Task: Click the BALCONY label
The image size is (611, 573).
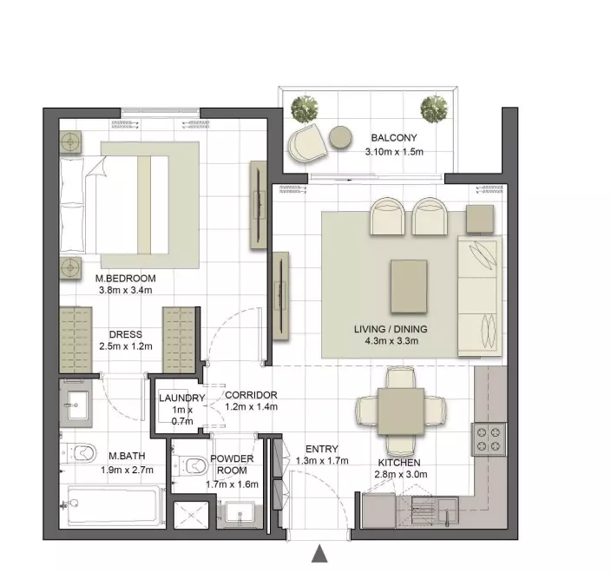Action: tap(394, 137)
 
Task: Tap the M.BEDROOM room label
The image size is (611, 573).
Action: tap(126, 279)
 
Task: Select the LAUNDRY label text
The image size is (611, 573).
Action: tap(182, 398)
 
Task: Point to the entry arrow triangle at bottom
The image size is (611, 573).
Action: tap(319, 554)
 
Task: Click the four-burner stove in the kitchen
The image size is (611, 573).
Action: tap(489, 439)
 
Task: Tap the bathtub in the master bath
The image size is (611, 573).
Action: tap(112, 506)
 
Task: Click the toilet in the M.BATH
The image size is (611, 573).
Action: tap(79, 452)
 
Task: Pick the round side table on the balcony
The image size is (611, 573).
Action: tap(340, 137)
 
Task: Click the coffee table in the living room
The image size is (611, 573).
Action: tap(409, 286)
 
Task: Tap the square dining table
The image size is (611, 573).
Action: tap(401, 412)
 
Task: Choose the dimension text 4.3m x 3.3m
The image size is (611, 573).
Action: tap(391, 341)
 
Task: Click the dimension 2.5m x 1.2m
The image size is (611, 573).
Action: tap(126, 346)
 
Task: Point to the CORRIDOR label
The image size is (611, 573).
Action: tap(252, 395)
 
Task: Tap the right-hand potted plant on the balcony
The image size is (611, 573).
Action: tap(434, 109)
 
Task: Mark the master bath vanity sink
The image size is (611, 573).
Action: tap(76, 405)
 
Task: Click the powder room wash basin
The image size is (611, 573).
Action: tap(240, 514)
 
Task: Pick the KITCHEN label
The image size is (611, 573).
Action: tap(399, 463)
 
